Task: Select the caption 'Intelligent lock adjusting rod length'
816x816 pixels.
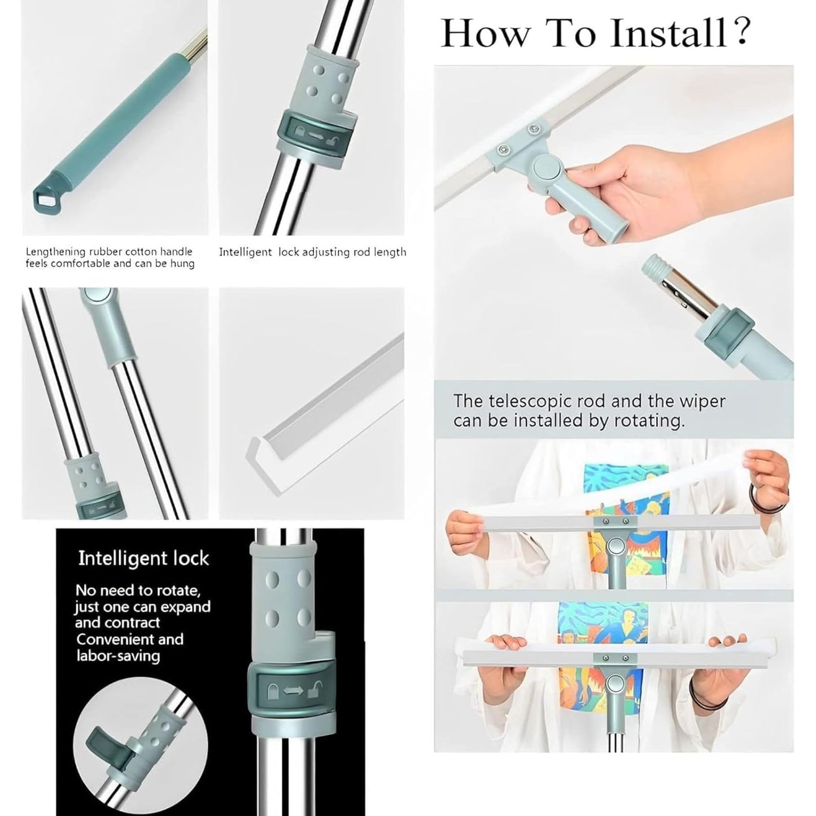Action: pyautogui.click(x=312, y=252)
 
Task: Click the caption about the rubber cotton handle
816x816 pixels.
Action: pyautogui.click(x=110, y=258)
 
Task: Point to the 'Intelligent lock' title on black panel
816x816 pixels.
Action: pyautogui.click(x=143, y=558)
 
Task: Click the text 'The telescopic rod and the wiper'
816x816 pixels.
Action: pyautogui.click(x=589, y=401)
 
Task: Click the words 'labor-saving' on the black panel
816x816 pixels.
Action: pyautogui.click(x=118, y=656)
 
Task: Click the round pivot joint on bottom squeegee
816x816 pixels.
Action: pyautogui.click(x=614, y=684)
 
